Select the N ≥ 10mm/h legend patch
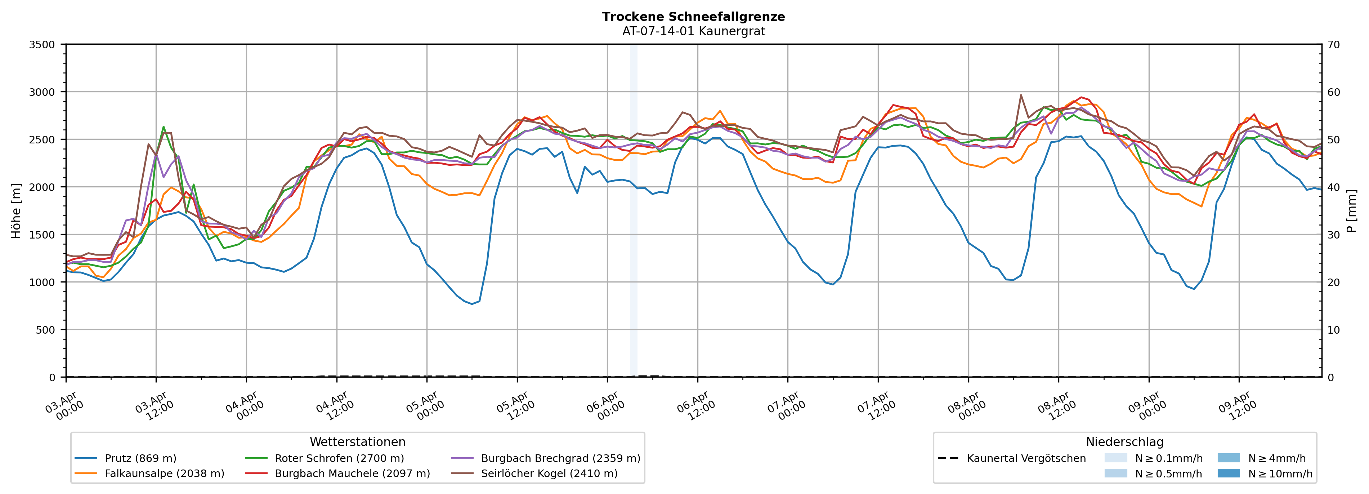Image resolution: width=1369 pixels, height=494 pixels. (1228, 473)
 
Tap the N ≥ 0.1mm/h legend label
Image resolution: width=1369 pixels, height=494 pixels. (1169, 458)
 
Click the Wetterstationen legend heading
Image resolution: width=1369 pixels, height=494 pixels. (357, 442)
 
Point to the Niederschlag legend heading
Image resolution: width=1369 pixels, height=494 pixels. (1124, 442)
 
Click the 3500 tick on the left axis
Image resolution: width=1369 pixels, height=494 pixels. (42, 45)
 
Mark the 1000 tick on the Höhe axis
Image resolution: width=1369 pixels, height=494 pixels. (42, 282)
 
